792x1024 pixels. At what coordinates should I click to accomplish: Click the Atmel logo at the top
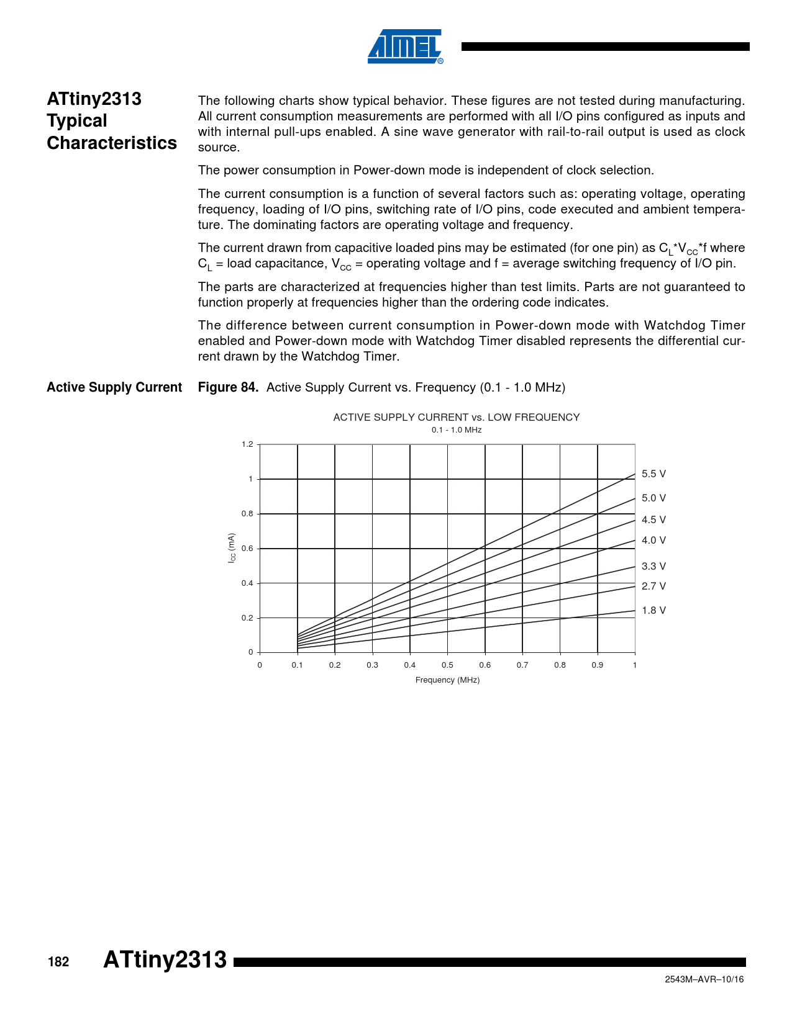[x=405, y=47]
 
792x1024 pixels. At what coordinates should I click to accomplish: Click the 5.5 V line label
[x=653, y=474]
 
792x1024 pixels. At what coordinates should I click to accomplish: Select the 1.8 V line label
[x=653, y=611]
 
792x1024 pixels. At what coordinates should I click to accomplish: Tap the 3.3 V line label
[x=653, y=567]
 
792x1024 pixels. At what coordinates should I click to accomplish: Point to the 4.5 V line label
[x=653, y=520]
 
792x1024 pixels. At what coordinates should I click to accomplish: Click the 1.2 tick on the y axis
[x=247, y=444]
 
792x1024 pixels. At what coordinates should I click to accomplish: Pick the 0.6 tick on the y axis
[x=247, y=549]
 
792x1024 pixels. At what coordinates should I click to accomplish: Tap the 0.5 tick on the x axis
[x=447, y=665]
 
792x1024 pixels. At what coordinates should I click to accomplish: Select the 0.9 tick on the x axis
[x=597, y=665]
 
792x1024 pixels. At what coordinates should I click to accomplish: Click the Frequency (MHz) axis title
[x=447, y=680]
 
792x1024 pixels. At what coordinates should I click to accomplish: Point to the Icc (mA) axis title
[x=232, y=548]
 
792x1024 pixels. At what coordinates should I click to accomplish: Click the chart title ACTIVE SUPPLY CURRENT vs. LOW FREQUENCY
[x=456, y=418]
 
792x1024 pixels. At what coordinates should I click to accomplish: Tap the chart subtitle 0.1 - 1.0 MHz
[x=457, y=430]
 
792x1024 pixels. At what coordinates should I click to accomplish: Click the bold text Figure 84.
[x=228, y=388]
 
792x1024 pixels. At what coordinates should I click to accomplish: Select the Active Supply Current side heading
[x=114, y=388]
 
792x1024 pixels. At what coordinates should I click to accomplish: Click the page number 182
[x=58, y=962]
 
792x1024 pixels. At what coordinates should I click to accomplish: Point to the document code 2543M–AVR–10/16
[x=704, y=979]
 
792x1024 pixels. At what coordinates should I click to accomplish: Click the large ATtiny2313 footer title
[x=165, y=959]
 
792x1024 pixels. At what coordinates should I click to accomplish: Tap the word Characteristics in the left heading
[x=112, y=143]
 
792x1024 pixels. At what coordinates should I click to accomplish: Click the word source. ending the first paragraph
[x=219, y=148]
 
